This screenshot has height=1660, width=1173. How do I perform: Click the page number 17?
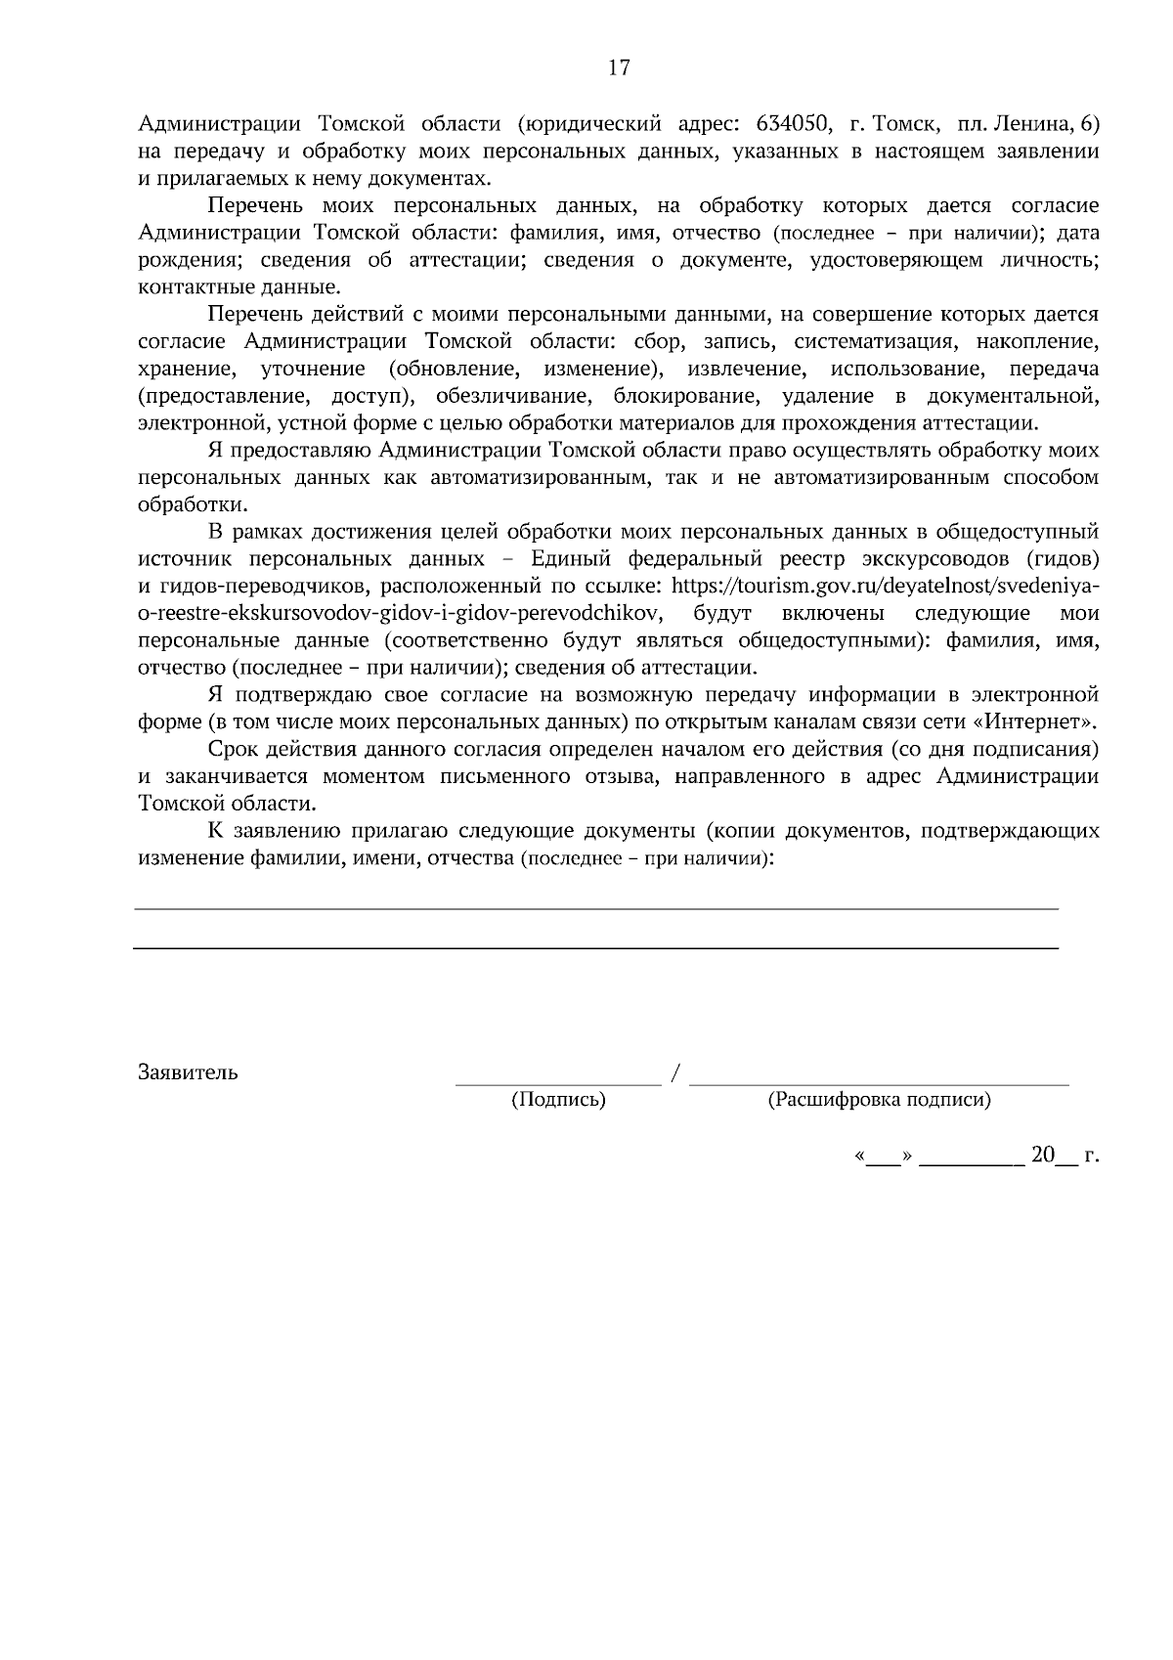point(619,67)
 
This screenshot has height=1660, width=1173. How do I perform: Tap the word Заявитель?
point(188,1072)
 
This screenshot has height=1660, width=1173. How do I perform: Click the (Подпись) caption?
point(558,1100)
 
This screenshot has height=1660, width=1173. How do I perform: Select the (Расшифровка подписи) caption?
point(879,1100)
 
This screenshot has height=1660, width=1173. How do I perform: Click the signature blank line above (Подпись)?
point(558,1083)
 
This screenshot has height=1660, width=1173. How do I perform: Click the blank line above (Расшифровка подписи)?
point(879,1083)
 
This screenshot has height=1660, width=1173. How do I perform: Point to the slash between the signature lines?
point(675,1073)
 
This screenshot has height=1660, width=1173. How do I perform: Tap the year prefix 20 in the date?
point(1042,1156)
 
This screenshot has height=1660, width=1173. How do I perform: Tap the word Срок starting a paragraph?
point(232,750)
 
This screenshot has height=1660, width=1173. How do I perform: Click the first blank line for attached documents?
point(595,909)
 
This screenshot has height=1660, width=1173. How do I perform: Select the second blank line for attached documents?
point(595,948)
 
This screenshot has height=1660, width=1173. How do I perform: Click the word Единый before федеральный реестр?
point(572,559)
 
